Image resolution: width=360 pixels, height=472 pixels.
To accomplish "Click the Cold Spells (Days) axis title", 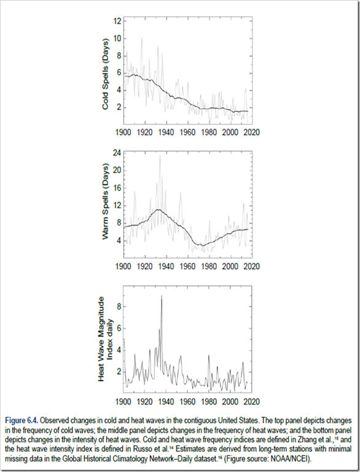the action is [x=105, y=74].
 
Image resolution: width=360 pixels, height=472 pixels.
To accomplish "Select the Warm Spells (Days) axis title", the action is [x=105, y=202].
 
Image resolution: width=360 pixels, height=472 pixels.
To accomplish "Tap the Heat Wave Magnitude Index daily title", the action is [x=105, y=339].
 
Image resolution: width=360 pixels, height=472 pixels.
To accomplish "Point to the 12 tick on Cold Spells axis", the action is [x=117, y=21].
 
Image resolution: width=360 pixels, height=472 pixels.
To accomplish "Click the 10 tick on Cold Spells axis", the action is [x=117, y=39].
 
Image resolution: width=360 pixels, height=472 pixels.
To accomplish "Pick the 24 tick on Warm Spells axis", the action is [x=117, y=153].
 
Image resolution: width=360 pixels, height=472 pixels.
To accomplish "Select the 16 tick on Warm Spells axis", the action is [x=117, y=188].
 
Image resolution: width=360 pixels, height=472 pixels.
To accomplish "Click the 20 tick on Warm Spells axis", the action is [x=117, y=170].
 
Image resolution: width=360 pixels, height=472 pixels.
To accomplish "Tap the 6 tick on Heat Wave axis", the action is [x=119, y=328].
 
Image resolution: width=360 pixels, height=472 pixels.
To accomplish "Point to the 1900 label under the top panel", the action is [x=123, y=133].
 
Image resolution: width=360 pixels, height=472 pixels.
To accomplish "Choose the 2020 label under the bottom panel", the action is [x=252, y=401].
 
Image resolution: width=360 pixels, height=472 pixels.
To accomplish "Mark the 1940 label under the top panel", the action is [x=166, y=133].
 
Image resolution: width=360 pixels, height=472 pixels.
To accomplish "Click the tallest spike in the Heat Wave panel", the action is [x=162, y=296].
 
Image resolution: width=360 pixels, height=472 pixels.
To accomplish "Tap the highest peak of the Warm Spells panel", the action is [x=160, y=155].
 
